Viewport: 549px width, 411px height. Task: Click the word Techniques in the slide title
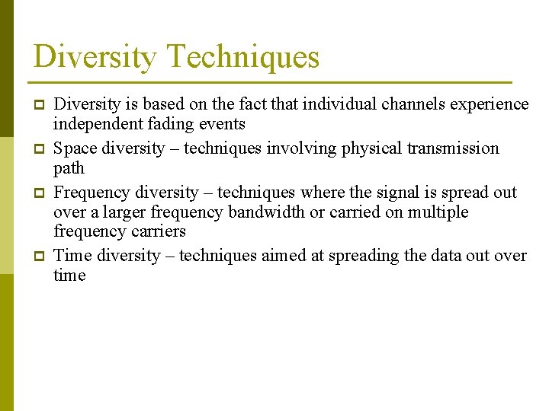[x=242, y=58]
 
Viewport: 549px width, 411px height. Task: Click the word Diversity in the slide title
[x=95, y=58]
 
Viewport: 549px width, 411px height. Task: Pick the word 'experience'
[x=491, y=104]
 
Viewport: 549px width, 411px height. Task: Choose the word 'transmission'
[x=456, y=148]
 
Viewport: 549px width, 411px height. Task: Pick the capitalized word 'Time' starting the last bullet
[x=73, y=256]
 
